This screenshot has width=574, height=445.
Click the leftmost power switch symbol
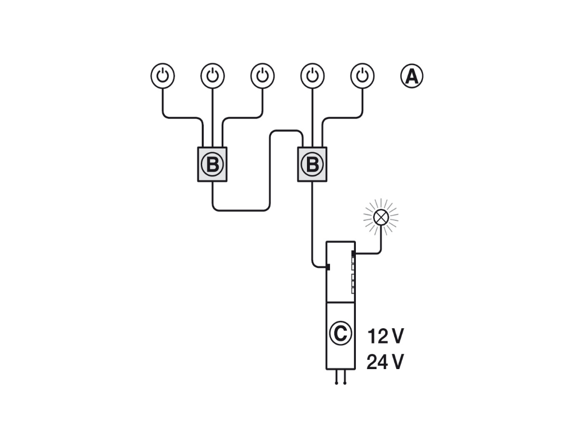[162, 76]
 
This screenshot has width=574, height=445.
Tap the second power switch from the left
[212, 76]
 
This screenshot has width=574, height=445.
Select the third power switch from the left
[262, 76]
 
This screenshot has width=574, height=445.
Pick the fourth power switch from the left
[312, 76]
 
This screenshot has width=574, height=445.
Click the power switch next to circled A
[362, 76]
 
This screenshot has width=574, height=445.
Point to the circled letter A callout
[412, 76]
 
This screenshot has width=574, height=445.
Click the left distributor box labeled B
[212, 164]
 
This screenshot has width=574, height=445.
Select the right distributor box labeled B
[312, 164]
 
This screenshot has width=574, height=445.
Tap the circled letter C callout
[340, 333]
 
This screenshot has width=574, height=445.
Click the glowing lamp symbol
[381, 217]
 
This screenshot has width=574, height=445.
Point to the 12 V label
[385, 336]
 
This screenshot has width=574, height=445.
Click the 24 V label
[385, 362]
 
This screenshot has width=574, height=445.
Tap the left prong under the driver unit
[336, 377]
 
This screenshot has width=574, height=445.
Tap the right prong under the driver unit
[345, 377]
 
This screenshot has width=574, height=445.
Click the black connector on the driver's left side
[328, 267]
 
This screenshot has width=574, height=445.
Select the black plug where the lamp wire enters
[353, 254]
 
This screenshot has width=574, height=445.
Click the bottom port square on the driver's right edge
[353, 291]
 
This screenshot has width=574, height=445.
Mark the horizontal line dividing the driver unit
[340, 302]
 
